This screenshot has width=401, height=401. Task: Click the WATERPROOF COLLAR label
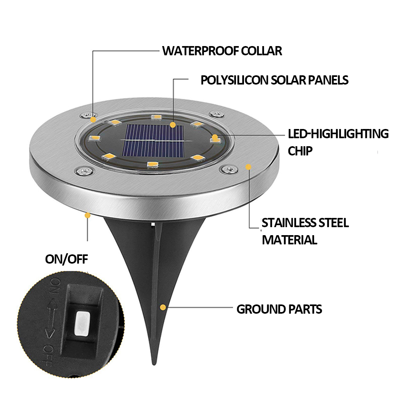pos(222,51)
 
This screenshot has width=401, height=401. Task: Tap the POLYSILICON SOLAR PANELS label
pos(274,80)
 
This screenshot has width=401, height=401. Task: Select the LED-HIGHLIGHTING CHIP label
pos(338,142)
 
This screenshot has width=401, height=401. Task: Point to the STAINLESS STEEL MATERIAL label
pos(305,231)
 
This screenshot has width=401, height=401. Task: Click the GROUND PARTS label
pos(279,309)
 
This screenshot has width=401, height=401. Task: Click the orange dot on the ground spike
pos(163,308)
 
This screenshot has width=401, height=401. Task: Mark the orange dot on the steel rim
pos(249,166)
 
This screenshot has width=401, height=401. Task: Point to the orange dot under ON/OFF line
pos(87,216)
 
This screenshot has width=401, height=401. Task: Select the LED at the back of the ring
pos(155,117)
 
